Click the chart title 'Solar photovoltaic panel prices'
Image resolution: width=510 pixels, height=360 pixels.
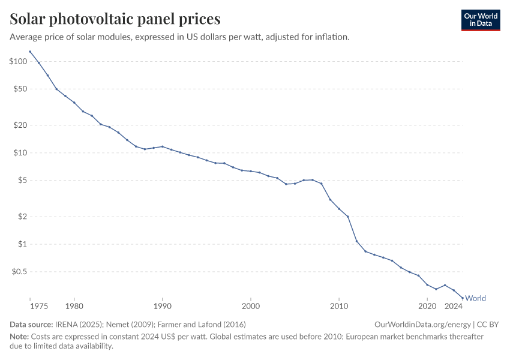point(115,19)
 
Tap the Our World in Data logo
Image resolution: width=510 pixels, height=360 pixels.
point(480,20)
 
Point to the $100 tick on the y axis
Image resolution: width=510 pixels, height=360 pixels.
point(18,61)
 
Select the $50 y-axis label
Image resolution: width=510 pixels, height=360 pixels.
point(20,89)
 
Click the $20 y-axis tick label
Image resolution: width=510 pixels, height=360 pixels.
point(20,125)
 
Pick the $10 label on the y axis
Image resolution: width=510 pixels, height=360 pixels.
point(20,153)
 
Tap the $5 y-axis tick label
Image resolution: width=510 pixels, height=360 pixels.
point(22,181)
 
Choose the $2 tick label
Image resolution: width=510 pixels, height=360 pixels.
point(22,217)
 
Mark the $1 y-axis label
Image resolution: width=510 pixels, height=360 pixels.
point(22,244)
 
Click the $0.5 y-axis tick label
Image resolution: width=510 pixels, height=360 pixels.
point(19,272)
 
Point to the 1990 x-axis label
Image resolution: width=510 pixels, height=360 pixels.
point(163,307)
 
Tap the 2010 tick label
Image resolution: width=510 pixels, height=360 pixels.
point(339,307)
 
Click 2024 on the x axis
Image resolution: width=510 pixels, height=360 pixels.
point(454,307)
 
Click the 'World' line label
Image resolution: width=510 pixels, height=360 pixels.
point(475,298)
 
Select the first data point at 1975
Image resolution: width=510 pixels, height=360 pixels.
point(30,52)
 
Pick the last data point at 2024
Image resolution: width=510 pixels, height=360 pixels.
point(463,298)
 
